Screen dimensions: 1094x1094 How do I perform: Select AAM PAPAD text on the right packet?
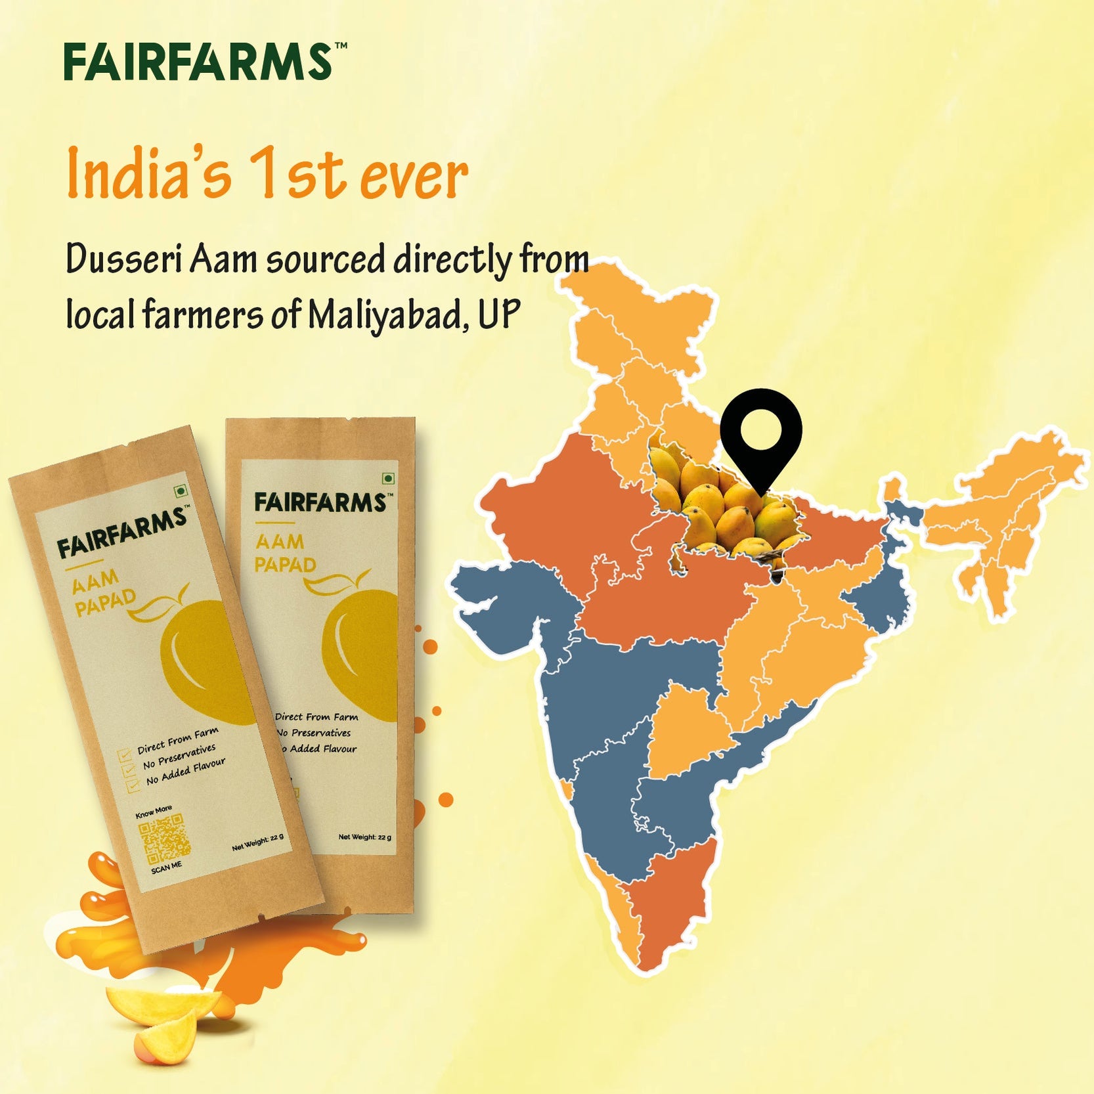[x=285, y=554]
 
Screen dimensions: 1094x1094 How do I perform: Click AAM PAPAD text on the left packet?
[x=104, y=592]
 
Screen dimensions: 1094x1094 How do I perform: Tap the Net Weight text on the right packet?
[x=364, y=837]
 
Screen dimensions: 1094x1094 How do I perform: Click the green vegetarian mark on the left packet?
[x=179, y=491]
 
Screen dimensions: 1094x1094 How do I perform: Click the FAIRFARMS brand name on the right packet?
[x=320, y=503]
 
